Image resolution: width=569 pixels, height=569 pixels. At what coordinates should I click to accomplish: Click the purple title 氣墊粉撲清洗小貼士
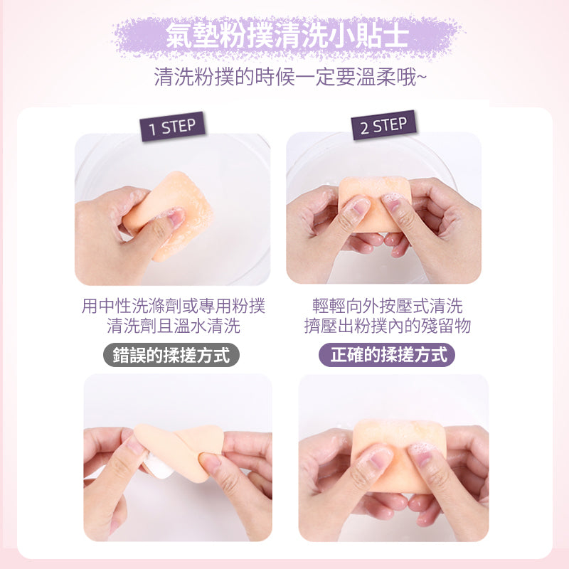click(287, 36)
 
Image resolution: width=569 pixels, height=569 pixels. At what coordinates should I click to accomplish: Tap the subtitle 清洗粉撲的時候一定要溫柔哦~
click(290, 77)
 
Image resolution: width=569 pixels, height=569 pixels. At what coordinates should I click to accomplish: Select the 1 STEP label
click(172, 127)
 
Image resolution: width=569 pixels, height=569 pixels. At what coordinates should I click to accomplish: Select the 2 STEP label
click(383, 125)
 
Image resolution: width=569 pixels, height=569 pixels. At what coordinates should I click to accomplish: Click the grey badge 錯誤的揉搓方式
click(171, 355)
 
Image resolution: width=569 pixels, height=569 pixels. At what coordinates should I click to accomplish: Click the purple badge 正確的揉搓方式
click(387, 355)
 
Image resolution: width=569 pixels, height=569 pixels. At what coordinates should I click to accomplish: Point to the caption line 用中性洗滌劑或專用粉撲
click(174, 306)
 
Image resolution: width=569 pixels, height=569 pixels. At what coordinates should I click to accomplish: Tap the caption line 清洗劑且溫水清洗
click(174, 326)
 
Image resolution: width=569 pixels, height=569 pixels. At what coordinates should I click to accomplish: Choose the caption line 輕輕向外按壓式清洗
click(388, 306)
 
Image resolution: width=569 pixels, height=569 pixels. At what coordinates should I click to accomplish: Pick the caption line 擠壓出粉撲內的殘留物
click(388, 326)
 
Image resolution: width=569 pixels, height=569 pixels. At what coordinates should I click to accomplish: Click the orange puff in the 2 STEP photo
click(375, 204)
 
